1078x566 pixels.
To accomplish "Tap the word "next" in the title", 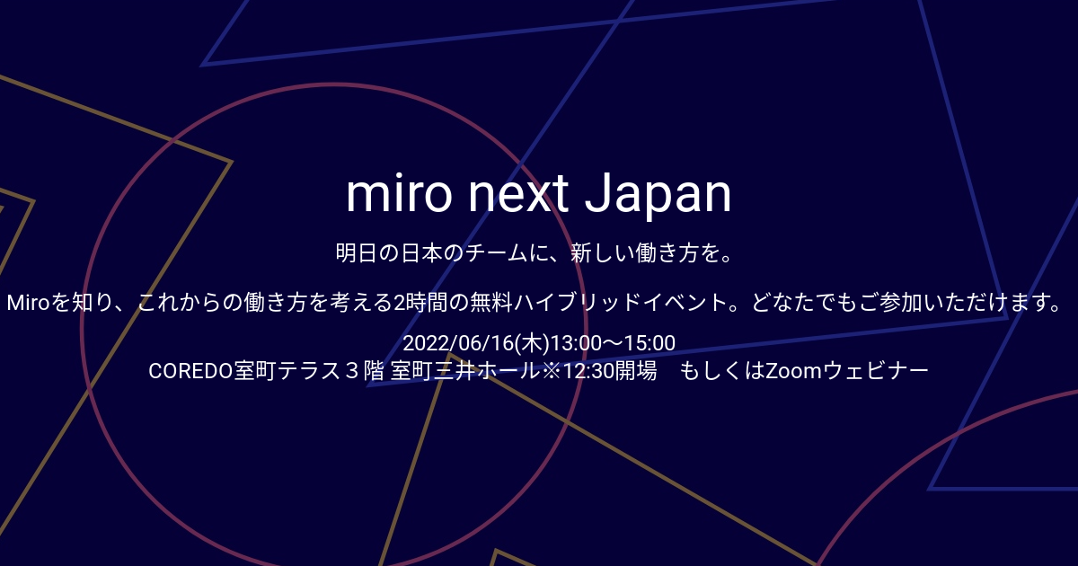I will click(522, 193).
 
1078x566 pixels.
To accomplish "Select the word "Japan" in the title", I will click(658, 193).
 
